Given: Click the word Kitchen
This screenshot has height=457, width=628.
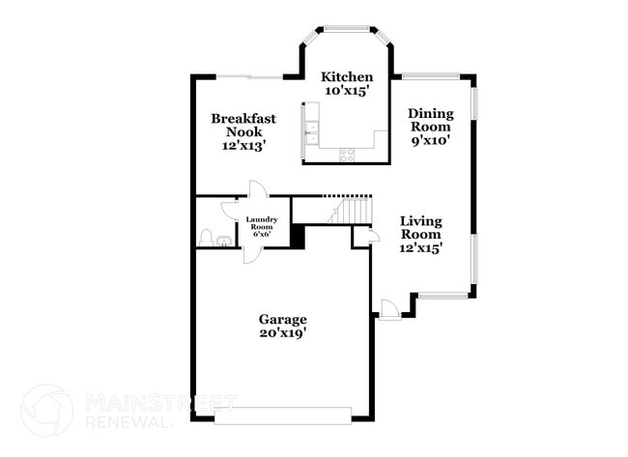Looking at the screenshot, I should tap(347, 77).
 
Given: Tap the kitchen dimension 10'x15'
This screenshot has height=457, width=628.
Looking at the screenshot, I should tap(347, 92).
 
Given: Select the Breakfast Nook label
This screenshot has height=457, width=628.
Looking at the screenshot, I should tap(243, 125).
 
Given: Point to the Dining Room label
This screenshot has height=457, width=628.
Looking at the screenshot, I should tap(430, 119).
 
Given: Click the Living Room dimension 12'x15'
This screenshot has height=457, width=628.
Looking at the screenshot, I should tap(421, 248).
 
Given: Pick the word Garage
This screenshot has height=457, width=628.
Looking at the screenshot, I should tap(282, 320).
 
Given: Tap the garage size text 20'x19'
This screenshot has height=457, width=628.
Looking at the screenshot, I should tap(282, 334).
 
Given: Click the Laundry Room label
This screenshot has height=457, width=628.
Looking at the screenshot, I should tap(261, 223).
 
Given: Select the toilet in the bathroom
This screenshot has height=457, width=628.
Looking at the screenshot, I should tap(206, 236).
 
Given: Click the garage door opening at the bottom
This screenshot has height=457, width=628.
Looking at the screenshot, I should tap(282, 416).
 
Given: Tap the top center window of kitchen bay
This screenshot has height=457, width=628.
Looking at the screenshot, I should tap(347, 28).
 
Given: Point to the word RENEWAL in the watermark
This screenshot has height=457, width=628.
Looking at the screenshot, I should tap(129, 420).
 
